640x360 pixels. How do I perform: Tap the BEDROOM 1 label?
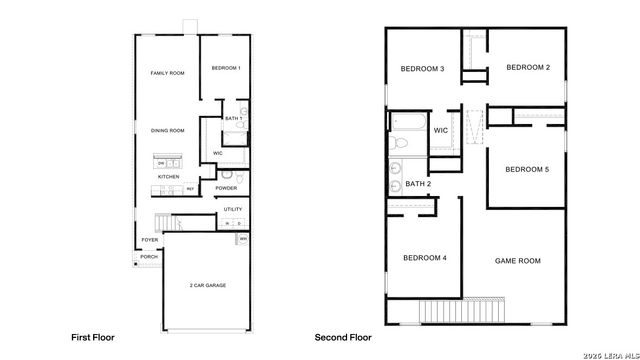pyautogui.click(x=226, y=68)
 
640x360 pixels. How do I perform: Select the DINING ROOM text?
pyautogui.click(x=167, y=130)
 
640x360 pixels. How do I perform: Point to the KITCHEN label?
pyautogui.click(x=168, y=177)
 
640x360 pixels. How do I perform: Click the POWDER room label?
pyautogui.click(x=226, y=187)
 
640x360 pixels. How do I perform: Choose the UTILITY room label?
pyautogui.click(x=233, y=208)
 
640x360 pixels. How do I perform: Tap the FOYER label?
pyautogui.click(x=149, y=240)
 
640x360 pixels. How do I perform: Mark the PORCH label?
pyautogui.click(x=149, y=256)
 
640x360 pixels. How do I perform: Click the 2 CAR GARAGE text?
pyautogui.click(x=207, y=286)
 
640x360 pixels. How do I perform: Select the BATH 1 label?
pyautogui.click(x=233, y=119)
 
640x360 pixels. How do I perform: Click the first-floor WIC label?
pyautogui.click(x=218, y=153)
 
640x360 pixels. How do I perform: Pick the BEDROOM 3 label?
pyautogui.click(x=422, y=68)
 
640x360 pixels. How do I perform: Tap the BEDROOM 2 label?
pyautogui.click(x=528, y=68)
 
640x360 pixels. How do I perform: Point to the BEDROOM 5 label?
pyautogui.click(x=527, y=168)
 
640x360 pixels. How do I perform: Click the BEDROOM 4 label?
pyautogui.click(x=424, y=258)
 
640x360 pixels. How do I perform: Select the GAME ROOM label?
pyautogui.click(x=518, y=260)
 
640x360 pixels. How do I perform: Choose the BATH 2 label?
pyautogui.click(x=418, y=184)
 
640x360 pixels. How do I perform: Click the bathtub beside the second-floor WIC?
pyautogui.click(x=410, y=127)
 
